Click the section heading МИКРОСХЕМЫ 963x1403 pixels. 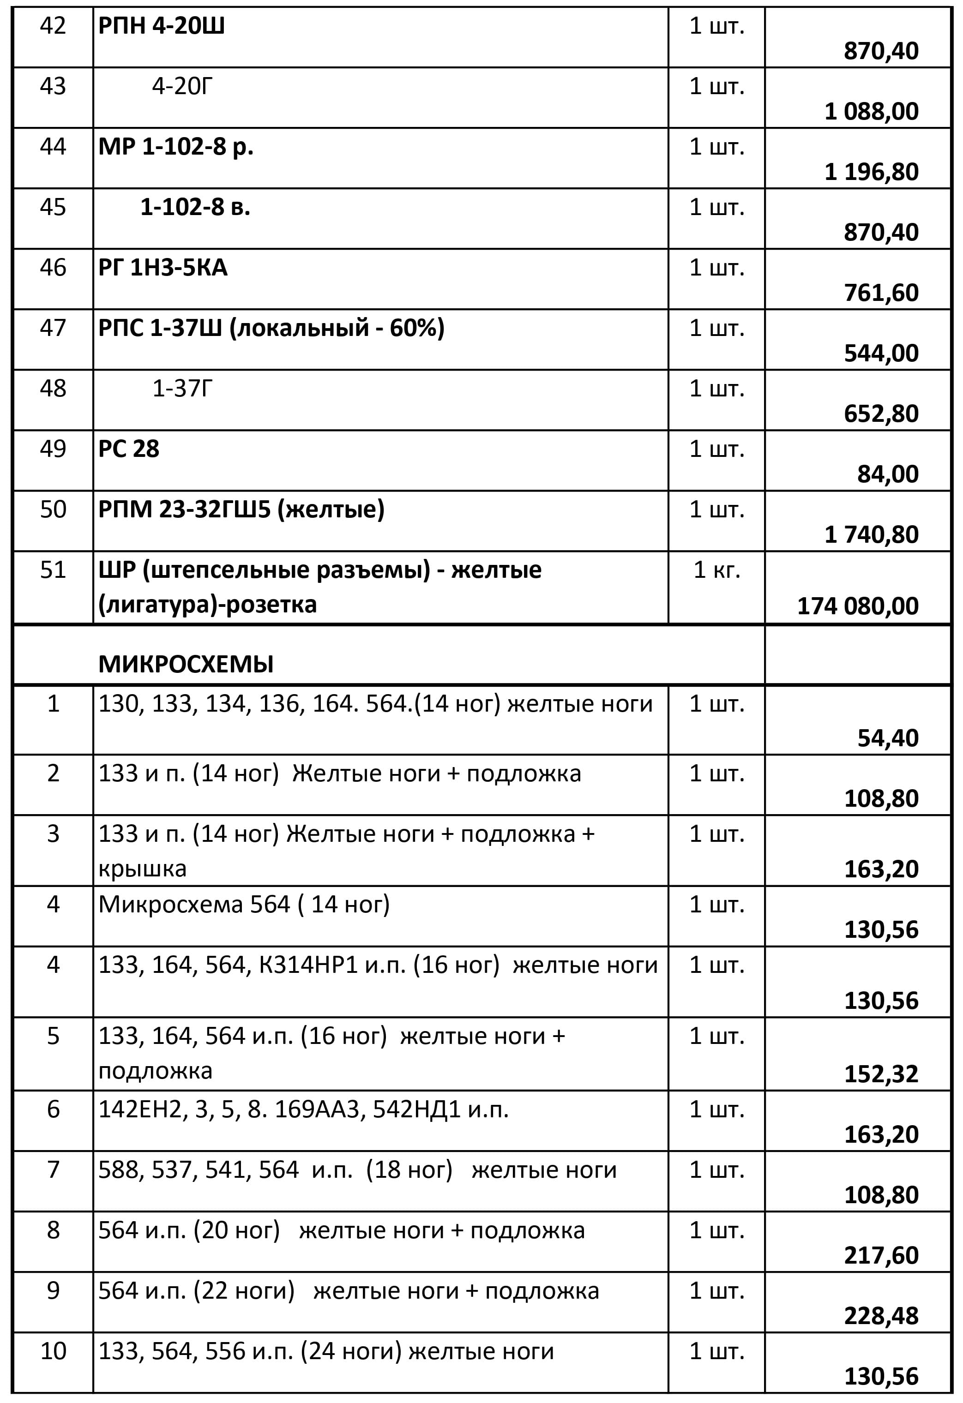pos(186,664)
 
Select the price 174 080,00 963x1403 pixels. pos(857,606)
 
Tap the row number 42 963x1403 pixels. pos(53,26)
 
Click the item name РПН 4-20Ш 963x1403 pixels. pos(161,26)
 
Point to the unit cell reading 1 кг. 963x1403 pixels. pos(716,570)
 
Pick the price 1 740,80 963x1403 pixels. pos(871,534)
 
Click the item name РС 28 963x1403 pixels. pos(129,449)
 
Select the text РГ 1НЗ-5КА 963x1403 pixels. pos(163,267)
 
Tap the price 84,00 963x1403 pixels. pos(888,474)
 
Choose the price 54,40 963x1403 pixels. pos(888,737)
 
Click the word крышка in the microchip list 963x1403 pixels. pos(143,868)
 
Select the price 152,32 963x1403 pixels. pos(881,1073)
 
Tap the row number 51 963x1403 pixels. pos(53,570)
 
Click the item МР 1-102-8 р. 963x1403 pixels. pos(176,147)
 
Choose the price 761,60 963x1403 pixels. pos(881,293)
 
